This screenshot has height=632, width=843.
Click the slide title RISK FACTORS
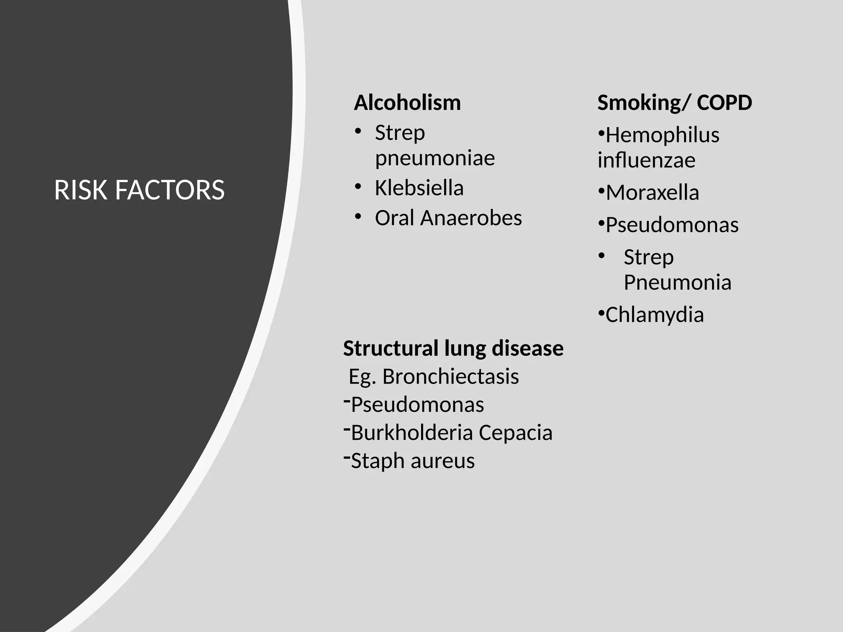pos(139,190)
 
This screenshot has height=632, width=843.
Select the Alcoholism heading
pos(407,102)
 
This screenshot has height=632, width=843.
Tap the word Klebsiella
pos(419,188)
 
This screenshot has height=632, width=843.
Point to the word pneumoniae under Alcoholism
pos(435,158)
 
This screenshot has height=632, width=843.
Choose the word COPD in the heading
pos(724,102)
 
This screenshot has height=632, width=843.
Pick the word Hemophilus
pos(662,135)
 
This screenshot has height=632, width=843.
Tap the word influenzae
pos(646,160)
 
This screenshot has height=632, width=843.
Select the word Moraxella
pos(652,193)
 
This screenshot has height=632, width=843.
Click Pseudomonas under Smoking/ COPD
pos(672,225)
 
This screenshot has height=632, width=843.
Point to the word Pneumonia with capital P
pos(677,282)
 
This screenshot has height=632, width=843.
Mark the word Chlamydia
pos(654,315)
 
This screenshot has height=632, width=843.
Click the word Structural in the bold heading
pos(391,349)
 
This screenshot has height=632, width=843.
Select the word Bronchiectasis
pos(451,376)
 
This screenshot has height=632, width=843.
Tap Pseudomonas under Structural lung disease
pos(417,404)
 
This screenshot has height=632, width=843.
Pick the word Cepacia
pos(515,432)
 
